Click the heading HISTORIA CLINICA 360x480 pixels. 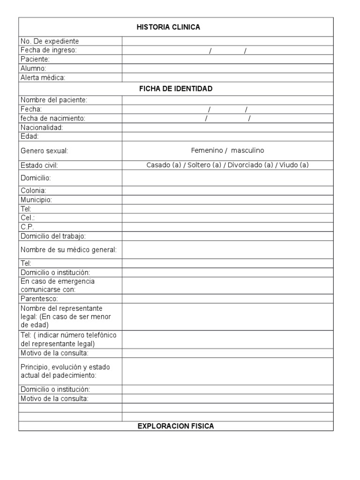pyautogui.click(x=168, y=27)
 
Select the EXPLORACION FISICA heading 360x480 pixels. pyautogui.click(x=175, y=426)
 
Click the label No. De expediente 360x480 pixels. pyautogui.click(x=50, y=41)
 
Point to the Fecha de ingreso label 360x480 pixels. pyautogui.click(x=48, y=50)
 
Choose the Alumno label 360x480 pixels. pyautogui.click(x=33, y=68)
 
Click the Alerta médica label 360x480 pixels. pyautogui.click(x=43, y=78)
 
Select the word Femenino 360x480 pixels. pyautogui.click(x=207, y=150)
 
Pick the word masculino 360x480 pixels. pyautogui.click(x=247, y=150)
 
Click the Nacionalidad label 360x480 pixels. pyautogui.click(x=42, y=127)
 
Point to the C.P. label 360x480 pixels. pyautogui.click(x=28, y=227)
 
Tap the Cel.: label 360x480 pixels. pyautogui.click(x=28, y=218)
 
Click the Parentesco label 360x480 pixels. pyautogui.click(x=39, y=299)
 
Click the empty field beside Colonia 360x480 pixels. pyautogui.click(x=227, y=191)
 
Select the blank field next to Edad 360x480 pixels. pyautogui.click(x=227, y=136)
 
